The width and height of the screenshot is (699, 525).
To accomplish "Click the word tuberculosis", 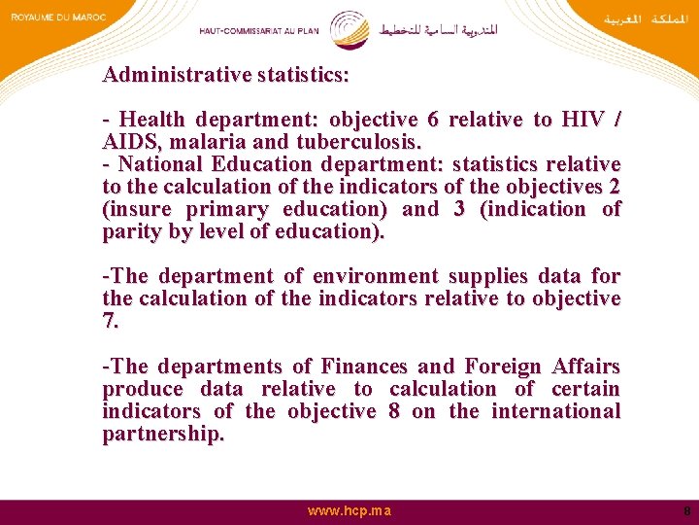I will pos(349,142).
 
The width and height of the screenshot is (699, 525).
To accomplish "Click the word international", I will pos(555,411).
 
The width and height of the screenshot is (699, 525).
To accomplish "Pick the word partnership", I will pos(162,434).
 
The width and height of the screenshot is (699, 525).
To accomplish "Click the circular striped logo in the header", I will pos(349,29).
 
